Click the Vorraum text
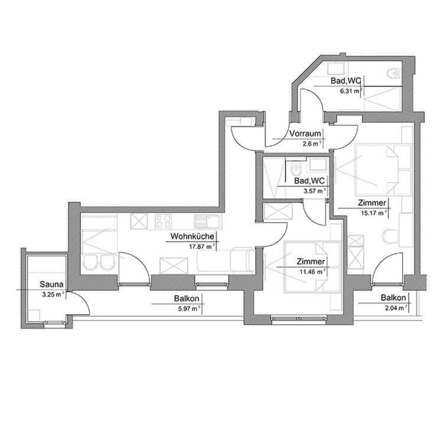click(x=304, y=133)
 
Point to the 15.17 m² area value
click(x=373, y=213)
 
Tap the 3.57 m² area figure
click(x=313, y=190)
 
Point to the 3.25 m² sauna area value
click(x=52, y=294)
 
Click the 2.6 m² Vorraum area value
click(x=312, y=144)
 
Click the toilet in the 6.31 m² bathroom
click(x=392, y=73)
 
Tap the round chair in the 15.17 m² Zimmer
click(x=390, y=237)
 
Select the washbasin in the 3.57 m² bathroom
click(x=317, y=165)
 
